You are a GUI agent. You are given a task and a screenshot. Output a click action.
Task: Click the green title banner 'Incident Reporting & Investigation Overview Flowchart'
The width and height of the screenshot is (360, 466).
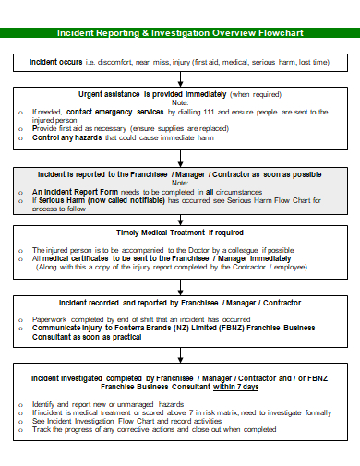point(180,32)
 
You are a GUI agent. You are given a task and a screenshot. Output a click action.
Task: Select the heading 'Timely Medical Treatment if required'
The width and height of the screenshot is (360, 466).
point(180,232)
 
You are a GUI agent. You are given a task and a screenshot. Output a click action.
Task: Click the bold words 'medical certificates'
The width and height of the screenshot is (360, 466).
point(75,259)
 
